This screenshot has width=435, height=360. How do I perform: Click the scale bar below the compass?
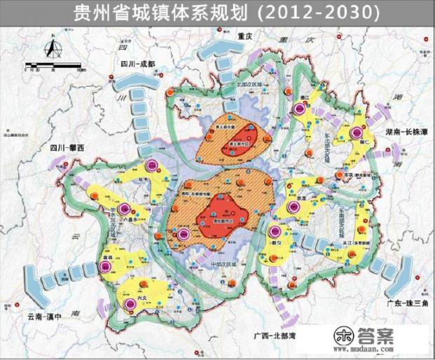click(53, 69)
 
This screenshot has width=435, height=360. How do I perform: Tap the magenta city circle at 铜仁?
click(356, 132)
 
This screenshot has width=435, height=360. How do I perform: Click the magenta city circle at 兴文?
click(130, 303)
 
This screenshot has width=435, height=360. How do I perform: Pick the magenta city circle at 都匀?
click(275, 231)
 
